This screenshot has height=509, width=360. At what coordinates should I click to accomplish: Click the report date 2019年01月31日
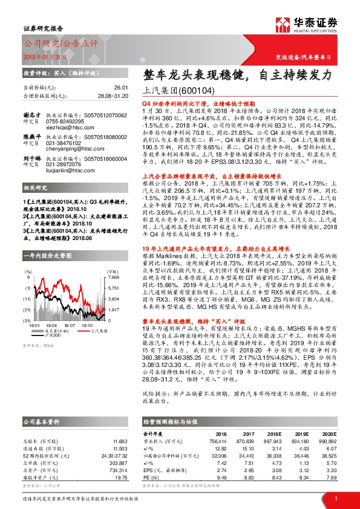click(47, 56)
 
